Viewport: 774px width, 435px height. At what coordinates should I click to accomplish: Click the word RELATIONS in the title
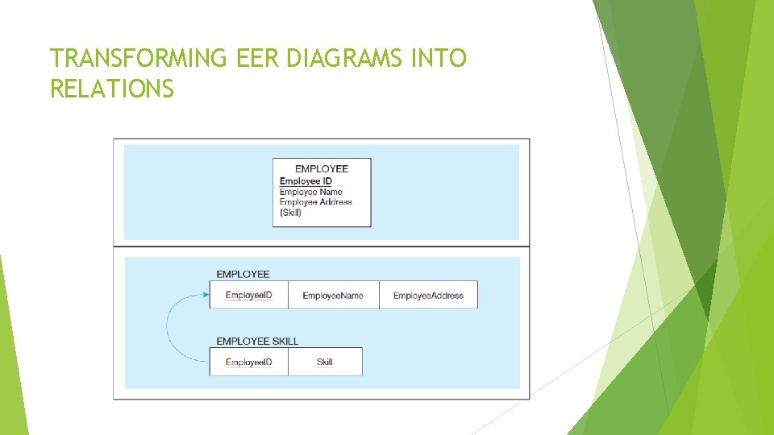point(111,89)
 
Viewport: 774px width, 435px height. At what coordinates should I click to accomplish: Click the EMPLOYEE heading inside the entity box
point(322,168)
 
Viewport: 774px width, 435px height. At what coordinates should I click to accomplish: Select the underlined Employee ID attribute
point(306,181)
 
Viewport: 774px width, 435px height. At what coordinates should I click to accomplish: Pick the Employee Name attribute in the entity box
point(311,192)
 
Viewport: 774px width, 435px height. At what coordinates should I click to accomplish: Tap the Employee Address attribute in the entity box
point(316,202)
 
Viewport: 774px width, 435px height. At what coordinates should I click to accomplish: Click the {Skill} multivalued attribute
point(290,213)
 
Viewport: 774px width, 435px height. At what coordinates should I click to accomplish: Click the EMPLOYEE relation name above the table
point(243,275)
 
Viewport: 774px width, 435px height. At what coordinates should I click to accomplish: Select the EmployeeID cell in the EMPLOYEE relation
point(249,295)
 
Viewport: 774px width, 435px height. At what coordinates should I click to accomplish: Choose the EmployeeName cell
point(333,296)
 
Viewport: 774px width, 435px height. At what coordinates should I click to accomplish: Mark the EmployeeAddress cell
point(428,296)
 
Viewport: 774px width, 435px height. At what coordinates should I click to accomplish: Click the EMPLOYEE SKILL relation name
point(257,341)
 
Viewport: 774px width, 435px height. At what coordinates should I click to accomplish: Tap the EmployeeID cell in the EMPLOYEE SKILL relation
point(249,362)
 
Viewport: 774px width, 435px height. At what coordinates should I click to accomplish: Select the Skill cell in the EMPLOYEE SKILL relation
point(325,362)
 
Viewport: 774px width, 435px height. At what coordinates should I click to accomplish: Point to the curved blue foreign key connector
point(168,329)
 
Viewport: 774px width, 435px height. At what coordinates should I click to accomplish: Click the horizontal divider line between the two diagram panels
point(322,246)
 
